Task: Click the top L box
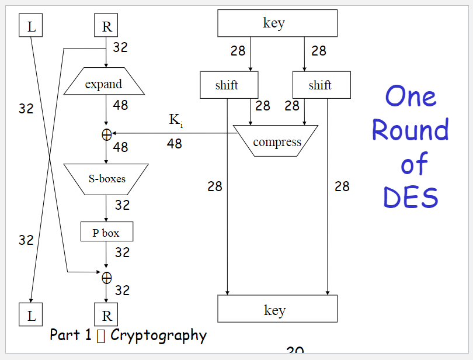click(31, 26)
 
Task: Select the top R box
click(106, 26)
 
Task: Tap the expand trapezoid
click(104, 84)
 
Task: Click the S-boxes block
click(106, 178)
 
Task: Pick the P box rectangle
click(106, 232)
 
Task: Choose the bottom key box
click(277, 309)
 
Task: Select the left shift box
click(228, 85)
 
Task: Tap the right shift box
click(321, 85)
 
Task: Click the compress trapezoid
click(276, 141)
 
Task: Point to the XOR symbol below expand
click(106, 134)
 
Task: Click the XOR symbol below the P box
click(106, 277)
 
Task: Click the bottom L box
click(31, 315)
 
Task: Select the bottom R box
click(106, 315)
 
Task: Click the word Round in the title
click(410, 130)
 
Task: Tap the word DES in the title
click(410, 198)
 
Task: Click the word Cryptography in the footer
click(158, 335)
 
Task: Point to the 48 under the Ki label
click(174, 144)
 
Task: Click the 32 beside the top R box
click(120, 47)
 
